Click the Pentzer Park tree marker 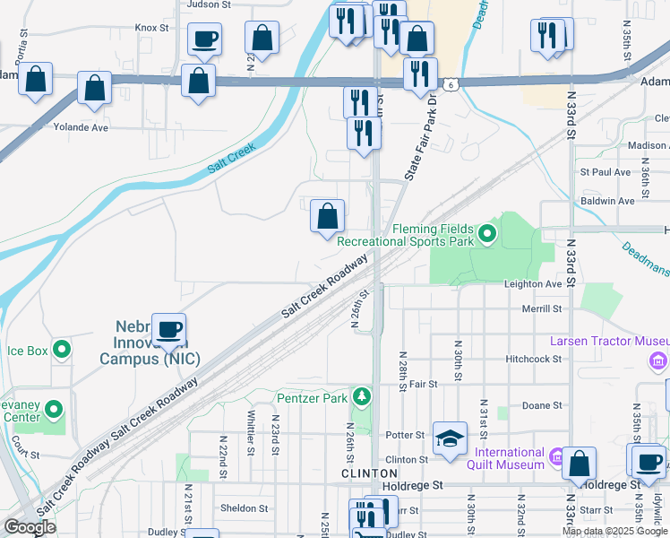pos(362,395)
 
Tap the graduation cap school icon pos(450,438)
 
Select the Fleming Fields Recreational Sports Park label pos(408,234)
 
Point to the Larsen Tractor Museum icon pos(659,360)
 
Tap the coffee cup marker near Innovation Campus pos(168,328)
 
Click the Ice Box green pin pos(62,349)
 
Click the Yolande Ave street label pos(81,127)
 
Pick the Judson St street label pos(209,4)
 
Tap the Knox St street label pos(151,28)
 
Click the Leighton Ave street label pos(533,284)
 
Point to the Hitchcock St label pos(532,359)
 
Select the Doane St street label pos(544,405)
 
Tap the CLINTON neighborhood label pos(369,473)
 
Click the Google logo pos(30,527)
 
